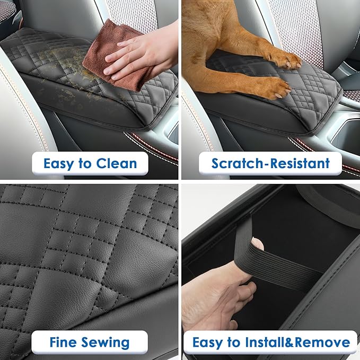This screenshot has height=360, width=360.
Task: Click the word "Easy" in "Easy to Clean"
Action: click(59, 164)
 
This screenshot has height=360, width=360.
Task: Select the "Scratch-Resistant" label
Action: click(270, 163)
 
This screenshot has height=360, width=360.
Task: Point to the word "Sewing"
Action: click(109, 343)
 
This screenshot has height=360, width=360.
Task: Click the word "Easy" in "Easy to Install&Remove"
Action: click(207, 342)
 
